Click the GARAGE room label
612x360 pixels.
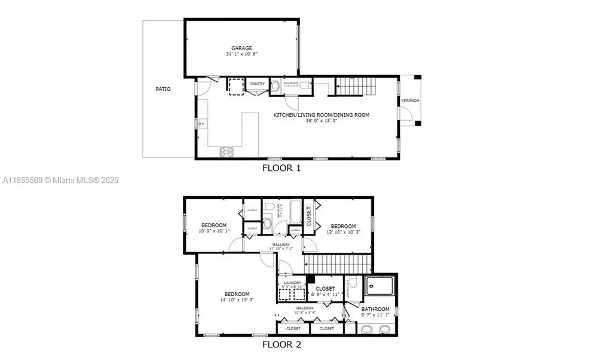coord(241,48)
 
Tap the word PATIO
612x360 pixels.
coord(163,89)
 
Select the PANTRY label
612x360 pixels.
coord(258,84)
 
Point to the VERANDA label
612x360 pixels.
coord(410,100)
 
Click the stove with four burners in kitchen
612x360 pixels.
coord(227,152)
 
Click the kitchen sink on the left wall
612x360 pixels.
coord(201,124)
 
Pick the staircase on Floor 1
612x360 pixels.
coord(356,87)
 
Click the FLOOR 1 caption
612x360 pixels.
coord(281,168)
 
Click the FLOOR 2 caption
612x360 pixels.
coord(281,344)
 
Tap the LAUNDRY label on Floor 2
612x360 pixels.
coord(292,283)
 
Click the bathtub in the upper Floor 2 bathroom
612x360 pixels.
coord(295,212)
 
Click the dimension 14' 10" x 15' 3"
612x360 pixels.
coord(237,300)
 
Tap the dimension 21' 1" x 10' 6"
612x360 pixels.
coord(241,54)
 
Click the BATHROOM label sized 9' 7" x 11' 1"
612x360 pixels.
coord(375,309)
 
